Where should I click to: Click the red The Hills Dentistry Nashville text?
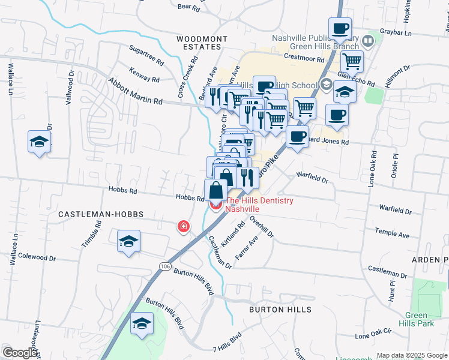(259, 205)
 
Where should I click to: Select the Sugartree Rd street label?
(146, 57)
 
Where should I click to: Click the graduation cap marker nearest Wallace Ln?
(39, 142)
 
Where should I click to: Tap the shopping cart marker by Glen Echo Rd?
(352, 61)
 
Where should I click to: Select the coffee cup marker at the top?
(340, 28)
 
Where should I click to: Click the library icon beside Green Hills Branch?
(368, 41)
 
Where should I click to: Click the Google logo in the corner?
(20, 353)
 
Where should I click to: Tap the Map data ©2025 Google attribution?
(412, 355)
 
